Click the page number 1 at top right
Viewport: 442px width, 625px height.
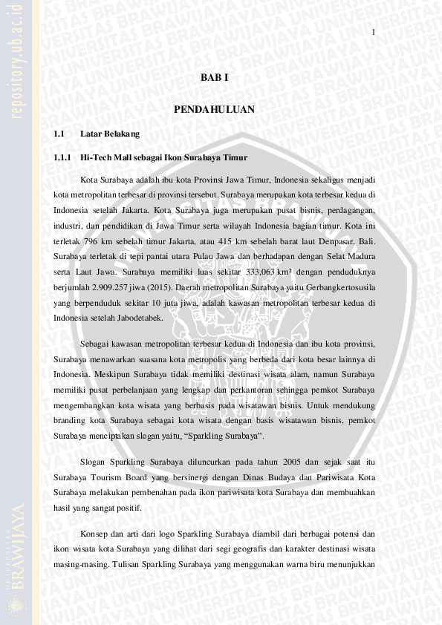click(x=374, y=32)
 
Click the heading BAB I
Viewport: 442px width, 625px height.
click(x=214, y=78)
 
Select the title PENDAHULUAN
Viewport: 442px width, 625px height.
click(x=214, y=110)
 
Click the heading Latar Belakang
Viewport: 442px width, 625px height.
click(x=109, y=134)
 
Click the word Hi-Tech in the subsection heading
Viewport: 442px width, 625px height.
click(x=95, y=157)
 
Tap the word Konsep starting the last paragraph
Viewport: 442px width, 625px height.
click(x=94, y=533)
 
